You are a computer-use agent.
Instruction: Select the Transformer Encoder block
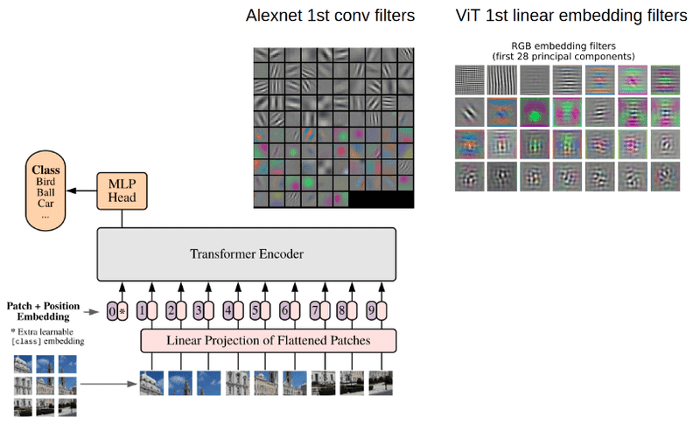[x=246, y=254]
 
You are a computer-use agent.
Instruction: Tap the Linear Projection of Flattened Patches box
[x=269, y=340]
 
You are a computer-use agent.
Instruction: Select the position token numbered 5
[x=255, y=309]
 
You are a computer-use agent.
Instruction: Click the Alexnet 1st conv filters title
[x=331, y=16]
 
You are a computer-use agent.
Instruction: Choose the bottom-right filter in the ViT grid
[x=666, y=176]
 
